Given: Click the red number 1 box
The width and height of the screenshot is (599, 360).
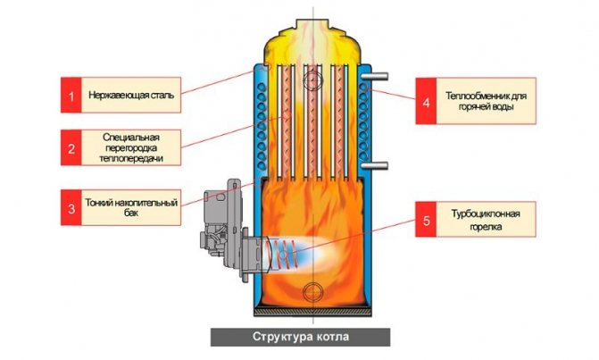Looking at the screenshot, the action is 71,95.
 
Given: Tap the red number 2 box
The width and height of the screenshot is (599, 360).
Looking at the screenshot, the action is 71,147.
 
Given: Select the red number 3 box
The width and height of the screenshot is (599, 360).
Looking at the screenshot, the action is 71,207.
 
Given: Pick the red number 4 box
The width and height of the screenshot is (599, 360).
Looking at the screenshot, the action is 426,101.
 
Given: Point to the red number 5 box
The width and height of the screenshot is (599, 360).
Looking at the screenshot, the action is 426,220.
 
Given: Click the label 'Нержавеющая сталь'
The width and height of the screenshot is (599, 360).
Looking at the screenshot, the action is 131,95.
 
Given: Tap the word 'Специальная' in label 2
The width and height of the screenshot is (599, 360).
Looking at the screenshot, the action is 131,138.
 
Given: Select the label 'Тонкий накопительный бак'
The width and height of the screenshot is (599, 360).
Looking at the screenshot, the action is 131,207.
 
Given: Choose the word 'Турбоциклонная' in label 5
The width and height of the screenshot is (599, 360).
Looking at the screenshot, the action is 486,213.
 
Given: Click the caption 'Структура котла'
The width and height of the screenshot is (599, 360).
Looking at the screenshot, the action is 300,337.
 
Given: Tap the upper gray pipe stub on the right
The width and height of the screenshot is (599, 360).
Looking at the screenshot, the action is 374,77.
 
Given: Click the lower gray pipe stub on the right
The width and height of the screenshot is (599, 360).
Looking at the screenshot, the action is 374,165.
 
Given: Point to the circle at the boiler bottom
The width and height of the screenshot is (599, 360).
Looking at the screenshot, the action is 312,292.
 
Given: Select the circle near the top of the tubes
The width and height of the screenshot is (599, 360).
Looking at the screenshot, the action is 312,80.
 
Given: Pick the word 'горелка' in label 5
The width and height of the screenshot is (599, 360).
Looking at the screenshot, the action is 486,227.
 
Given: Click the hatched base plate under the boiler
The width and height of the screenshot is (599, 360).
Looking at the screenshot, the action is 312,313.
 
